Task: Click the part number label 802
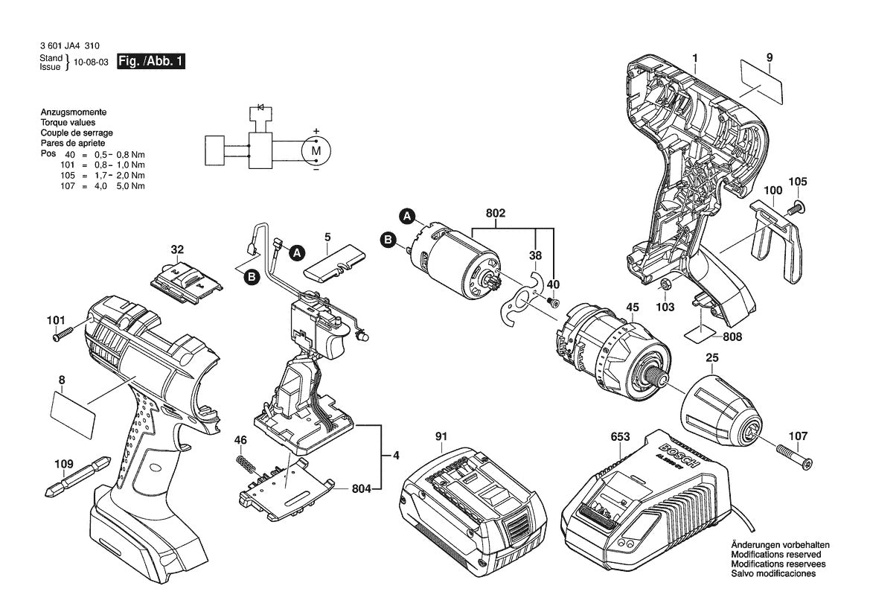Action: (496, 214)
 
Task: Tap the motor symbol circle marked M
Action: (316, 150)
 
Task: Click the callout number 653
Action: (619, 437)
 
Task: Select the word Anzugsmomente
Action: (73, 111)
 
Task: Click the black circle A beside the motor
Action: (407, 217)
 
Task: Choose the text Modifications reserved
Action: (775, 555)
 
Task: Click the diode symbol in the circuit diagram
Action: (260, 107)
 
